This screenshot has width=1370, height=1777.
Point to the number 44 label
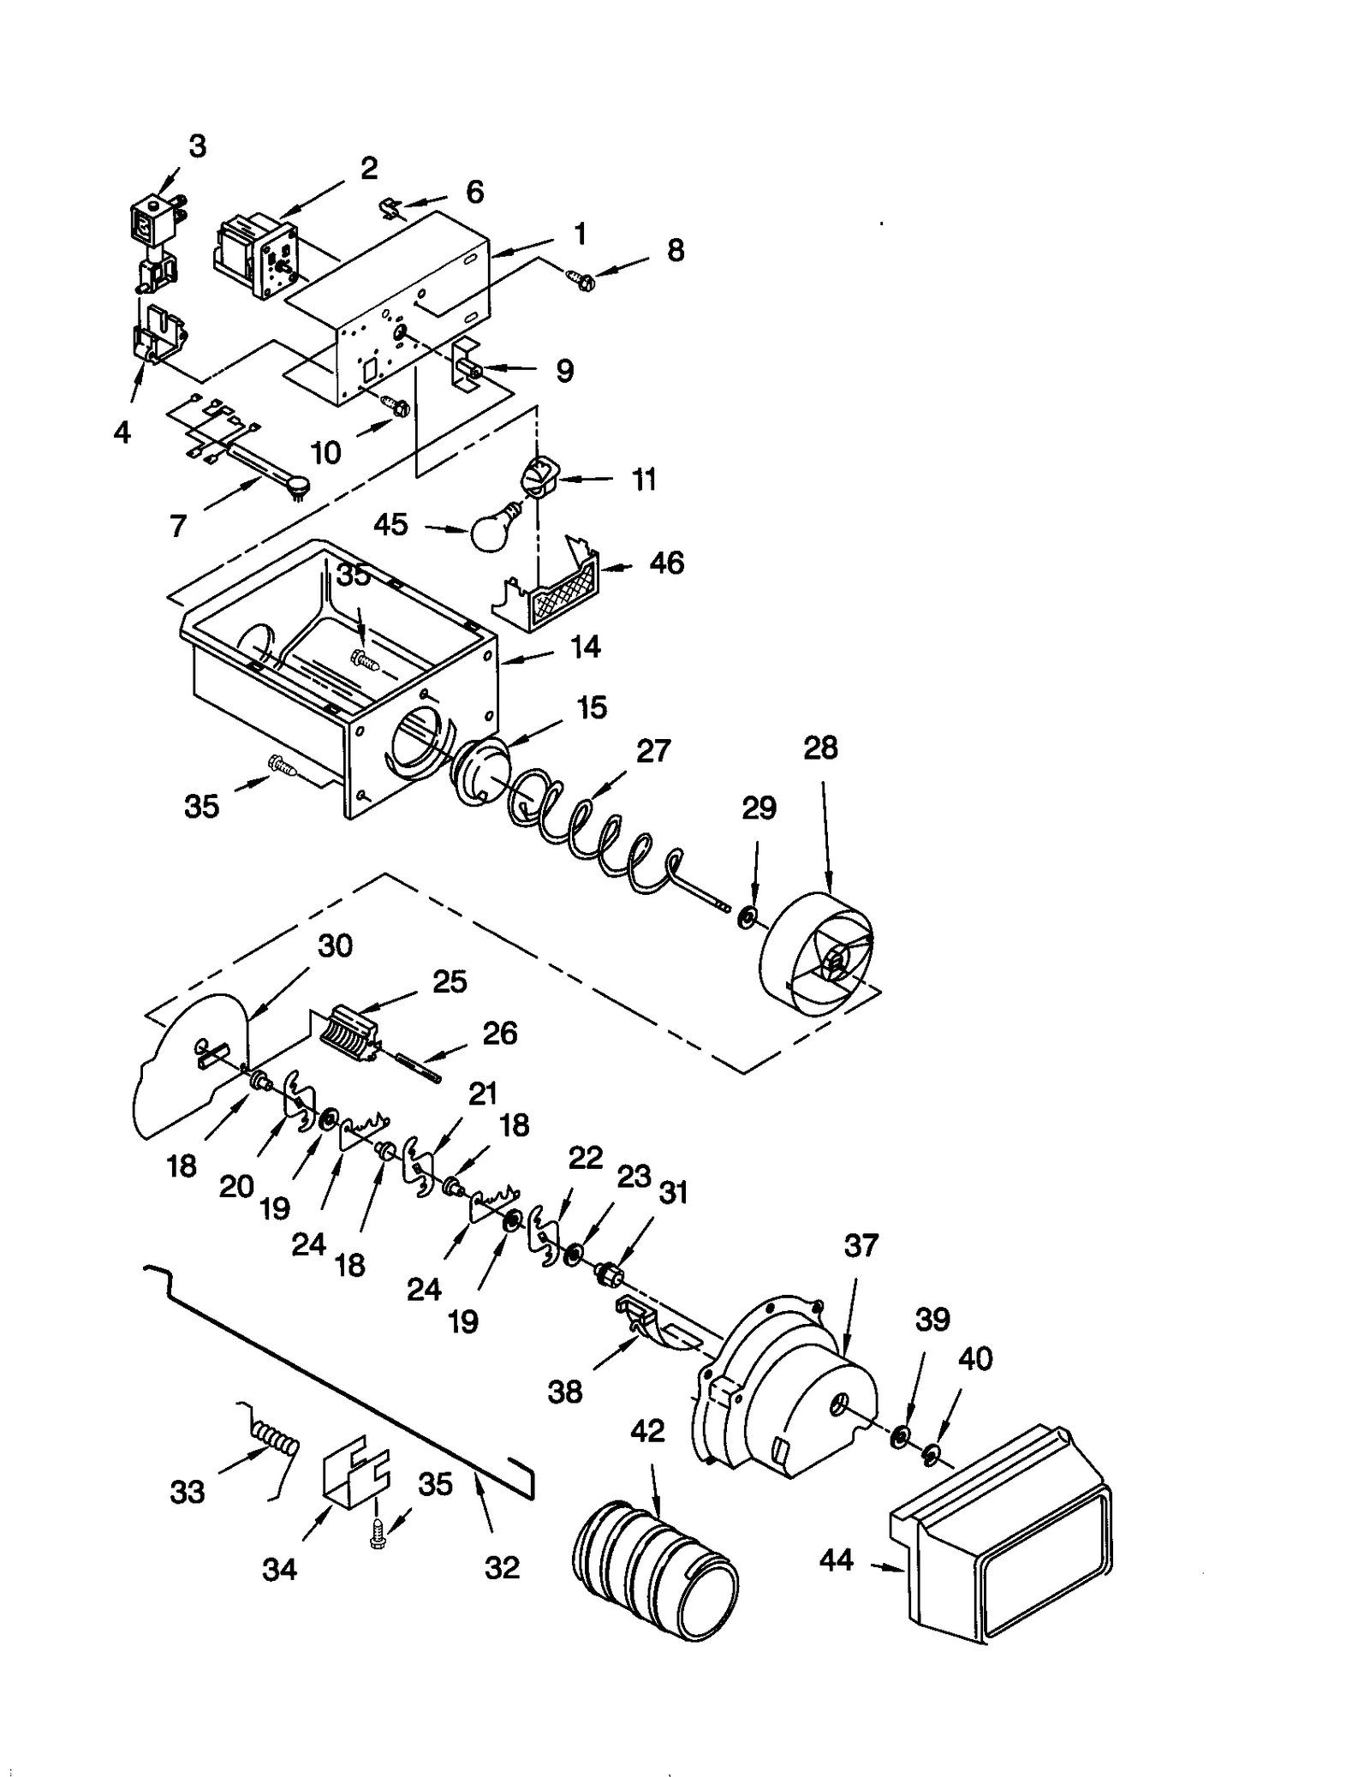point(837,1559)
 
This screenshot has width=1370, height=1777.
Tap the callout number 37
point(861,1244)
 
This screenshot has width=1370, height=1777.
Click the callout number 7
point(178,526)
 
